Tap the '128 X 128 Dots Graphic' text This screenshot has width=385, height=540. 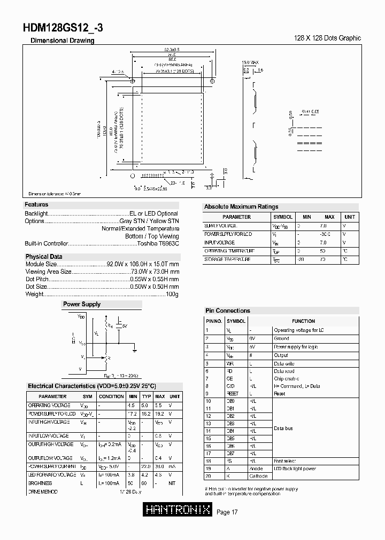click(x=328, y=38)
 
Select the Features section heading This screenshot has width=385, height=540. click(x=36, y=204)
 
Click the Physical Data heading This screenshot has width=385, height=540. click(x=44, y=257)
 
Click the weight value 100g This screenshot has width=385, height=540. click(x=172, y=294)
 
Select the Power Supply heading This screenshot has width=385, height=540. click(x=82, y=304)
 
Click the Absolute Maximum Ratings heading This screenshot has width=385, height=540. click(x=241, y=207)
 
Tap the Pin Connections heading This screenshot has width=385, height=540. click(x=228, y=311)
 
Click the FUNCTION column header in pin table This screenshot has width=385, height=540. click(x=303, y=321)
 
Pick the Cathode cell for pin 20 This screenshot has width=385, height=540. click(x=258, y=476)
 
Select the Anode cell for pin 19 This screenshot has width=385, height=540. click(x=257, y=468)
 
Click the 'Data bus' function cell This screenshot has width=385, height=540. click(x=283, y=428)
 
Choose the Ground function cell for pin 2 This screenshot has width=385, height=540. click(x=281, y=338)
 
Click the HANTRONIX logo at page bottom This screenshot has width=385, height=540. click(x=178, y=511)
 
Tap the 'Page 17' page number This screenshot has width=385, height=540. click(x=227, y=513)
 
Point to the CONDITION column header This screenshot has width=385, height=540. click(x=111, y=396)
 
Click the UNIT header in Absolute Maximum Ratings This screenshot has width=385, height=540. click(x=349, y=217)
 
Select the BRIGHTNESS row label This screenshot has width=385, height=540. click(x=40, y=483)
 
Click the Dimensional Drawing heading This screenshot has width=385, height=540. click(x=62, y=41)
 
